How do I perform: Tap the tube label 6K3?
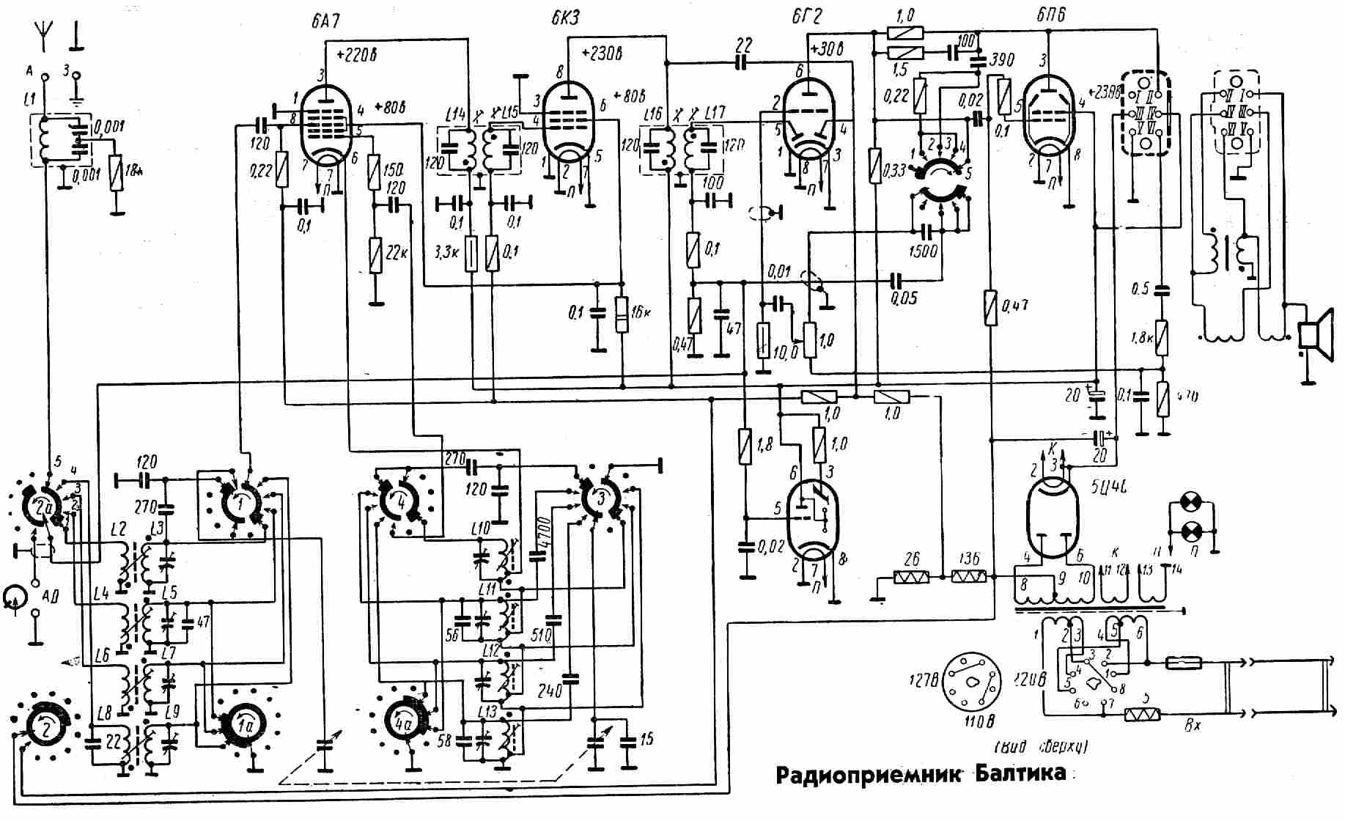coord(565,18)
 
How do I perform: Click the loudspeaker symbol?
coord(1315,336)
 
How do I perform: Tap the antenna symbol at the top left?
coord(43,34)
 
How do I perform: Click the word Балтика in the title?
coord(1020,773)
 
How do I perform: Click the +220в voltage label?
coord(356,55)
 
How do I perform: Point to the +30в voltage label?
coord(828,50)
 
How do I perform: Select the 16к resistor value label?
coord(641,312)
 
